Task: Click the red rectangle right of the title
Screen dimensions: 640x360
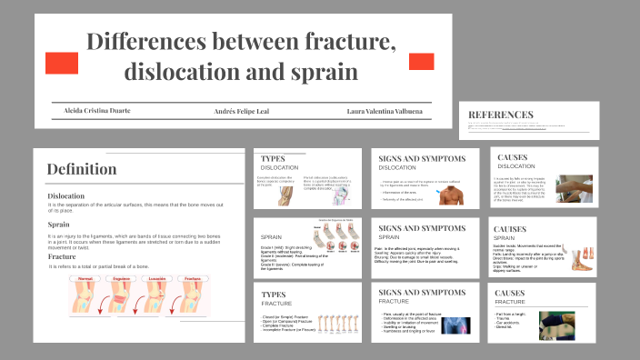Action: [x=421, y=61]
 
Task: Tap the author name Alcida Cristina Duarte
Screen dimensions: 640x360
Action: [x=96, y=111]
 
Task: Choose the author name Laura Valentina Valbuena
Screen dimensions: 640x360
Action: [x=385, y=111]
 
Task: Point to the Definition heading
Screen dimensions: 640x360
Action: [x=82, y=169]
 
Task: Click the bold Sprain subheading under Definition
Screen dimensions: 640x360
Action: [x=59, y=225]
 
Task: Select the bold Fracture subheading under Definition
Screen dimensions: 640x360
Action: [x=63, y=256]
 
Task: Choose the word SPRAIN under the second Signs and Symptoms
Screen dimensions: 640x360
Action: [x=391, y=236]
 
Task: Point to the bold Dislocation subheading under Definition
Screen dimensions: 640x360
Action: [x=66, y=195]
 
